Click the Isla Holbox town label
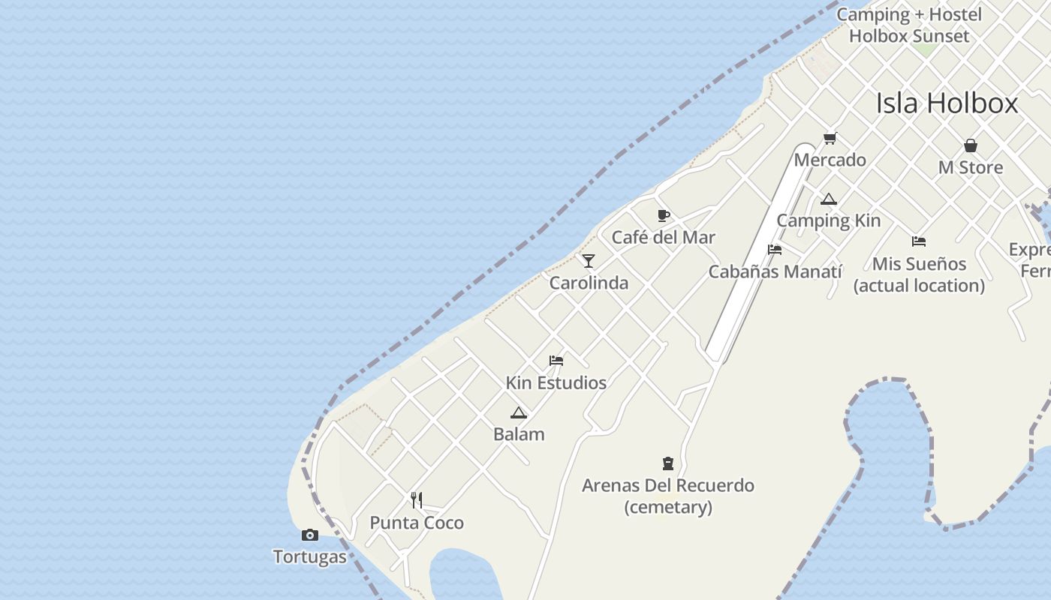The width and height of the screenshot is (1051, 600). click(x=947, y=103)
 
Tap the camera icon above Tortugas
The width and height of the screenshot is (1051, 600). click(x=309, y=535)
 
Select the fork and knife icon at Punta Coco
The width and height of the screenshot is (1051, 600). click(x=417, y=500)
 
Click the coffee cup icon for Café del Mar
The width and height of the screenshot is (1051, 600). click(x=664, y=216)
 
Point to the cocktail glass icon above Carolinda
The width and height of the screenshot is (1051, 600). click(x=589, y=261)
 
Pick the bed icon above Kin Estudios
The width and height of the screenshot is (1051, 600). click(x=556, y=361)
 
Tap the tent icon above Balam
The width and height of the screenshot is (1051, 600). click(x=519, y=412)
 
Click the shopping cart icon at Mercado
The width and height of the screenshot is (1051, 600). click(x=830, y=138)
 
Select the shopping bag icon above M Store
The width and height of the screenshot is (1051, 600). click(x=971, y=145)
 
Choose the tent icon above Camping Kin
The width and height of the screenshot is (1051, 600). click(x=828, y=199)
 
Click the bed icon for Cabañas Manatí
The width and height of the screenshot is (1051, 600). click(x=775, y=250)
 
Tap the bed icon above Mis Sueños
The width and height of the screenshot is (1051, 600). click(x=919, y=241)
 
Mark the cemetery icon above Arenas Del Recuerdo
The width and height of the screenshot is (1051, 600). click(x=668, y=463)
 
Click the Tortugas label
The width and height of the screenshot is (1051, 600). click(x=310, y=556)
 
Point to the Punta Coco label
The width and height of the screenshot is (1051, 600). click(x=417, y=523)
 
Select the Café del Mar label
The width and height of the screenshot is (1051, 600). click(x=664, y=238)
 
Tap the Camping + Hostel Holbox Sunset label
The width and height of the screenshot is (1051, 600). click(x=909, y=25)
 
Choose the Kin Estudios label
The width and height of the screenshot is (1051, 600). click(x=556, y=383)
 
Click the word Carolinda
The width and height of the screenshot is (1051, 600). click(x=589, y=283)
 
